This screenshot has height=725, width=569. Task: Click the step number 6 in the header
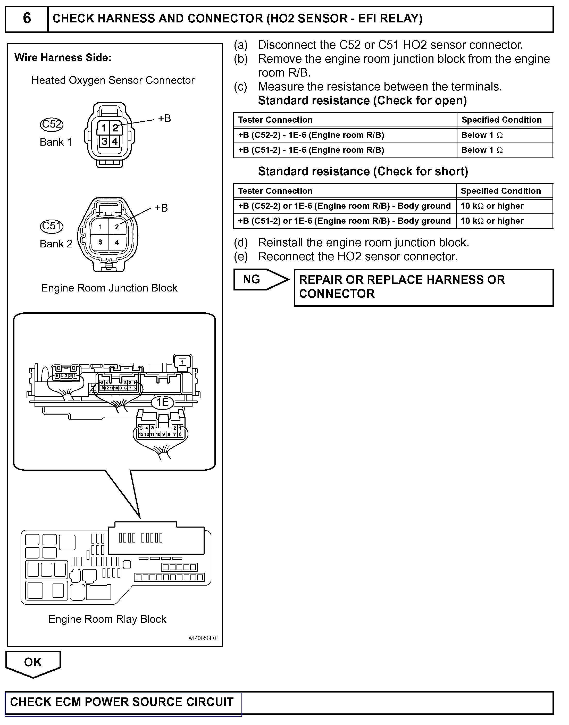pos(27,18)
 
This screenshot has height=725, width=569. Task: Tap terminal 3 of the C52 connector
pos(104,141)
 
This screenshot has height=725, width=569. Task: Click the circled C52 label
pos(51,124)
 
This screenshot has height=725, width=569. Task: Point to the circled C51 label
pos(51,226)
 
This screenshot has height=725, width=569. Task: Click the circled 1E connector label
pos(163,402)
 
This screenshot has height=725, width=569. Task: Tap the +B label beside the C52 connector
pos(164,118)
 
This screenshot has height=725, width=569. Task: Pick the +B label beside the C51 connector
pos(161,208)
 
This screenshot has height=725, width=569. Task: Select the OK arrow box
pos(33,663)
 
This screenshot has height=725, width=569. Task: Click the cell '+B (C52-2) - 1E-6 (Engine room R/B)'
pos(311,135)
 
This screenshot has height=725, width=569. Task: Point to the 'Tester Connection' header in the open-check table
pos(275,120)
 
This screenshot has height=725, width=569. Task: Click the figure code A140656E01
pos(203,638)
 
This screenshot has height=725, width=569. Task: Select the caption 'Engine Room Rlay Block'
pos(107,619)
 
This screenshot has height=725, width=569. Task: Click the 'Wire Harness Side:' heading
pos(63,58)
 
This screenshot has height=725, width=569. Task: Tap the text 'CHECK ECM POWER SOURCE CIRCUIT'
pos(122,702)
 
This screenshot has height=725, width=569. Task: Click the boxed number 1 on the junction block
pos(182,362)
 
